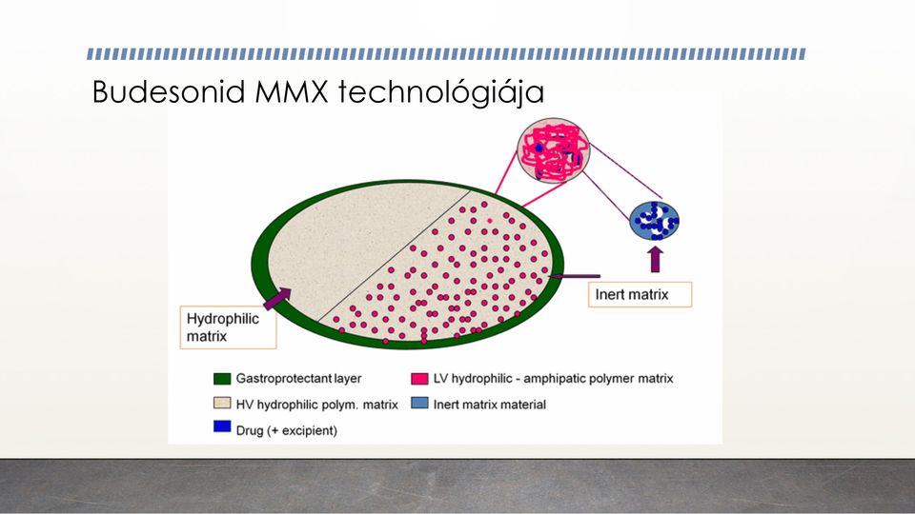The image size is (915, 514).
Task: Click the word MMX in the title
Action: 292,91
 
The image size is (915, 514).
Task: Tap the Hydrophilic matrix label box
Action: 228,327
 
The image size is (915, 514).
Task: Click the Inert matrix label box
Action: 640,294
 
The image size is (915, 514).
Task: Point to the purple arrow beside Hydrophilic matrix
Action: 277,298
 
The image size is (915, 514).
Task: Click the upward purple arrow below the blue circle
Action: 656,259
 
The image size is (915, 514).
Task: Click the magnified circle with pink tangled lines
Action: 553,151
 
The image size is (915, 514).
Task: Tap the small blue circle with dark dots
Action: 654,221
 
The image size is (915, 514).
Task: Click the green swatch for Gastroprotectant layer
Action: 222,379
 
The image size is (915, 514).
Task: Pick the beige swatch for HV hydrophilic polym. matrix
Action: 222,404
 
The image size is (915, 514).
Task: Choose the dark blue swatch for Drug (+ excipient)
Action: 222,426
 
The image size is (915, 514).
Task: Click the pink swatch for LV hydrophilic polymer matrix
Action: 419,379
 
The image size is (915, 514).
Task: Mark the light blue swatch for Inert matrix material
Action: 419,404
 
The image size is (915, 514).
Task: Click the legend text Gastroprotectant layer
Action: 298,379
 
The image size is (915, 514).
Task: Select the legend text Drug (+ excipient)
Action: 287,430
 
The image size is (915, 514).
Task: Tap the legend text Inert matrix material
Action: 490,405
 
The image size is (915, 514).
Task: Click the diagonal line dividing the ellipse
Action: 395,256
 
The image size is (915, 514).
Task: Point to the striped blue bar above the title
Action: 446,54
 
